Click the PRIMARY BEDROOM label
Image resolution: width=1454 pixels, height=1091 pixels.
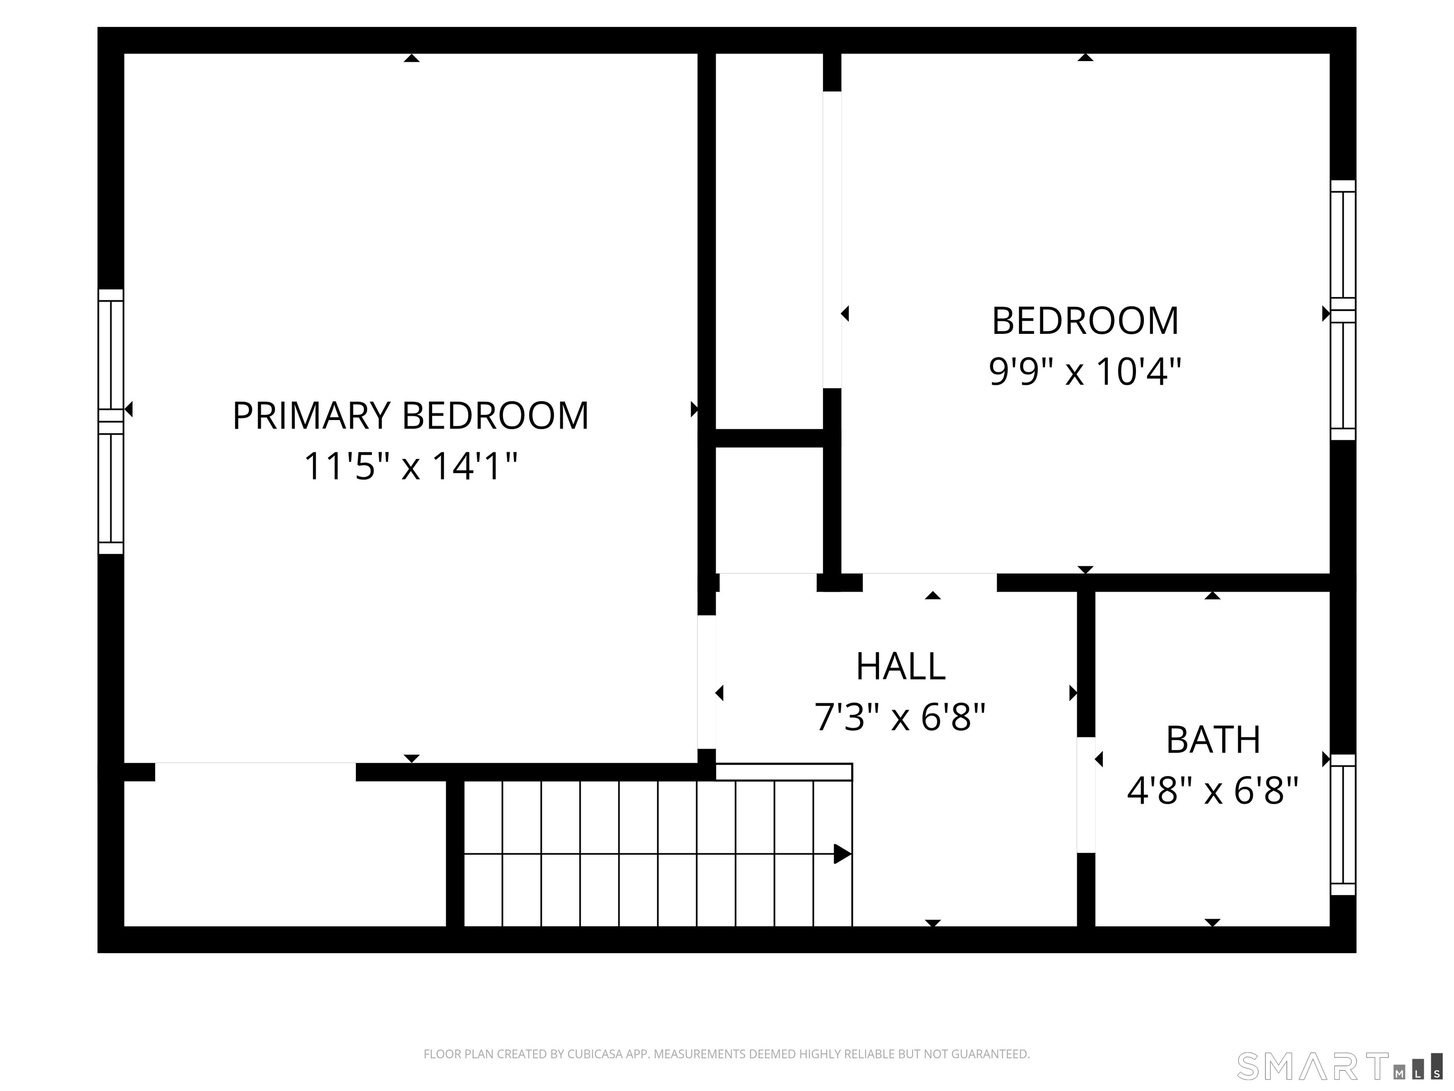(410, 416)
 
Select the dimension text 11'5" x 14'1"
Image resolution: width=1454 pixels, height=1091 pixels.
(410, 466)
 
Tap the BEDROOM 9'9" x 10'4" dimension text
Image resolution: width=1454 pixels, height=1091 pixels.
(1085, 372)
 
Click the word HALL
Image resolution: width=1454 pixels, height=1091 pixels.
(901, 666)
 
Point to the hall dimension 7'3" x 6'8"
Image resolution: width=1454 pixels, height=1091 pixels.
(901, 717)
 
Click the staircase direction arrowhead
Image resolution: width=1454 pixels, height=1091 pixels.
(842, 854)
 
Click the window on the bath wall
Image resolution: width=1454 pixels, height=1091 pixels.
(1343, 825)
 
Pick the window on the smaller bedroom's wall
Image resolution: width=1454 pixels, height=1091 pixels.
(1343, 310)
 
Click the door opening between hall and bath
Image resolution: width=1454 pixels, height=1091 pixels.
(1086, 795)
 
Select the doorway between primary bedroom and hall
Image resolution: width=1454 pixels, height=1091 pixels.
(707, 682)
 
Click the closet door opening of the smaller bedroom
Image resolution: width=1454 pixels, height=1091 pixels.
(832, 240)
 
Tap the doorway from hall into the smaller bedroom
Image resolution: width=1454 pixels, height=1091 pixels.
(930, 582)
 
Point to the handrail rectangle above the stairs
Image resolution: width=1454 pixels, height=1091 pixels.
(783, 772)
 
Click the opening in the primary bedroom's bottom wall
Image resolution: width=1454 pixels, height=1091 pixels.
(255, 772)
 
